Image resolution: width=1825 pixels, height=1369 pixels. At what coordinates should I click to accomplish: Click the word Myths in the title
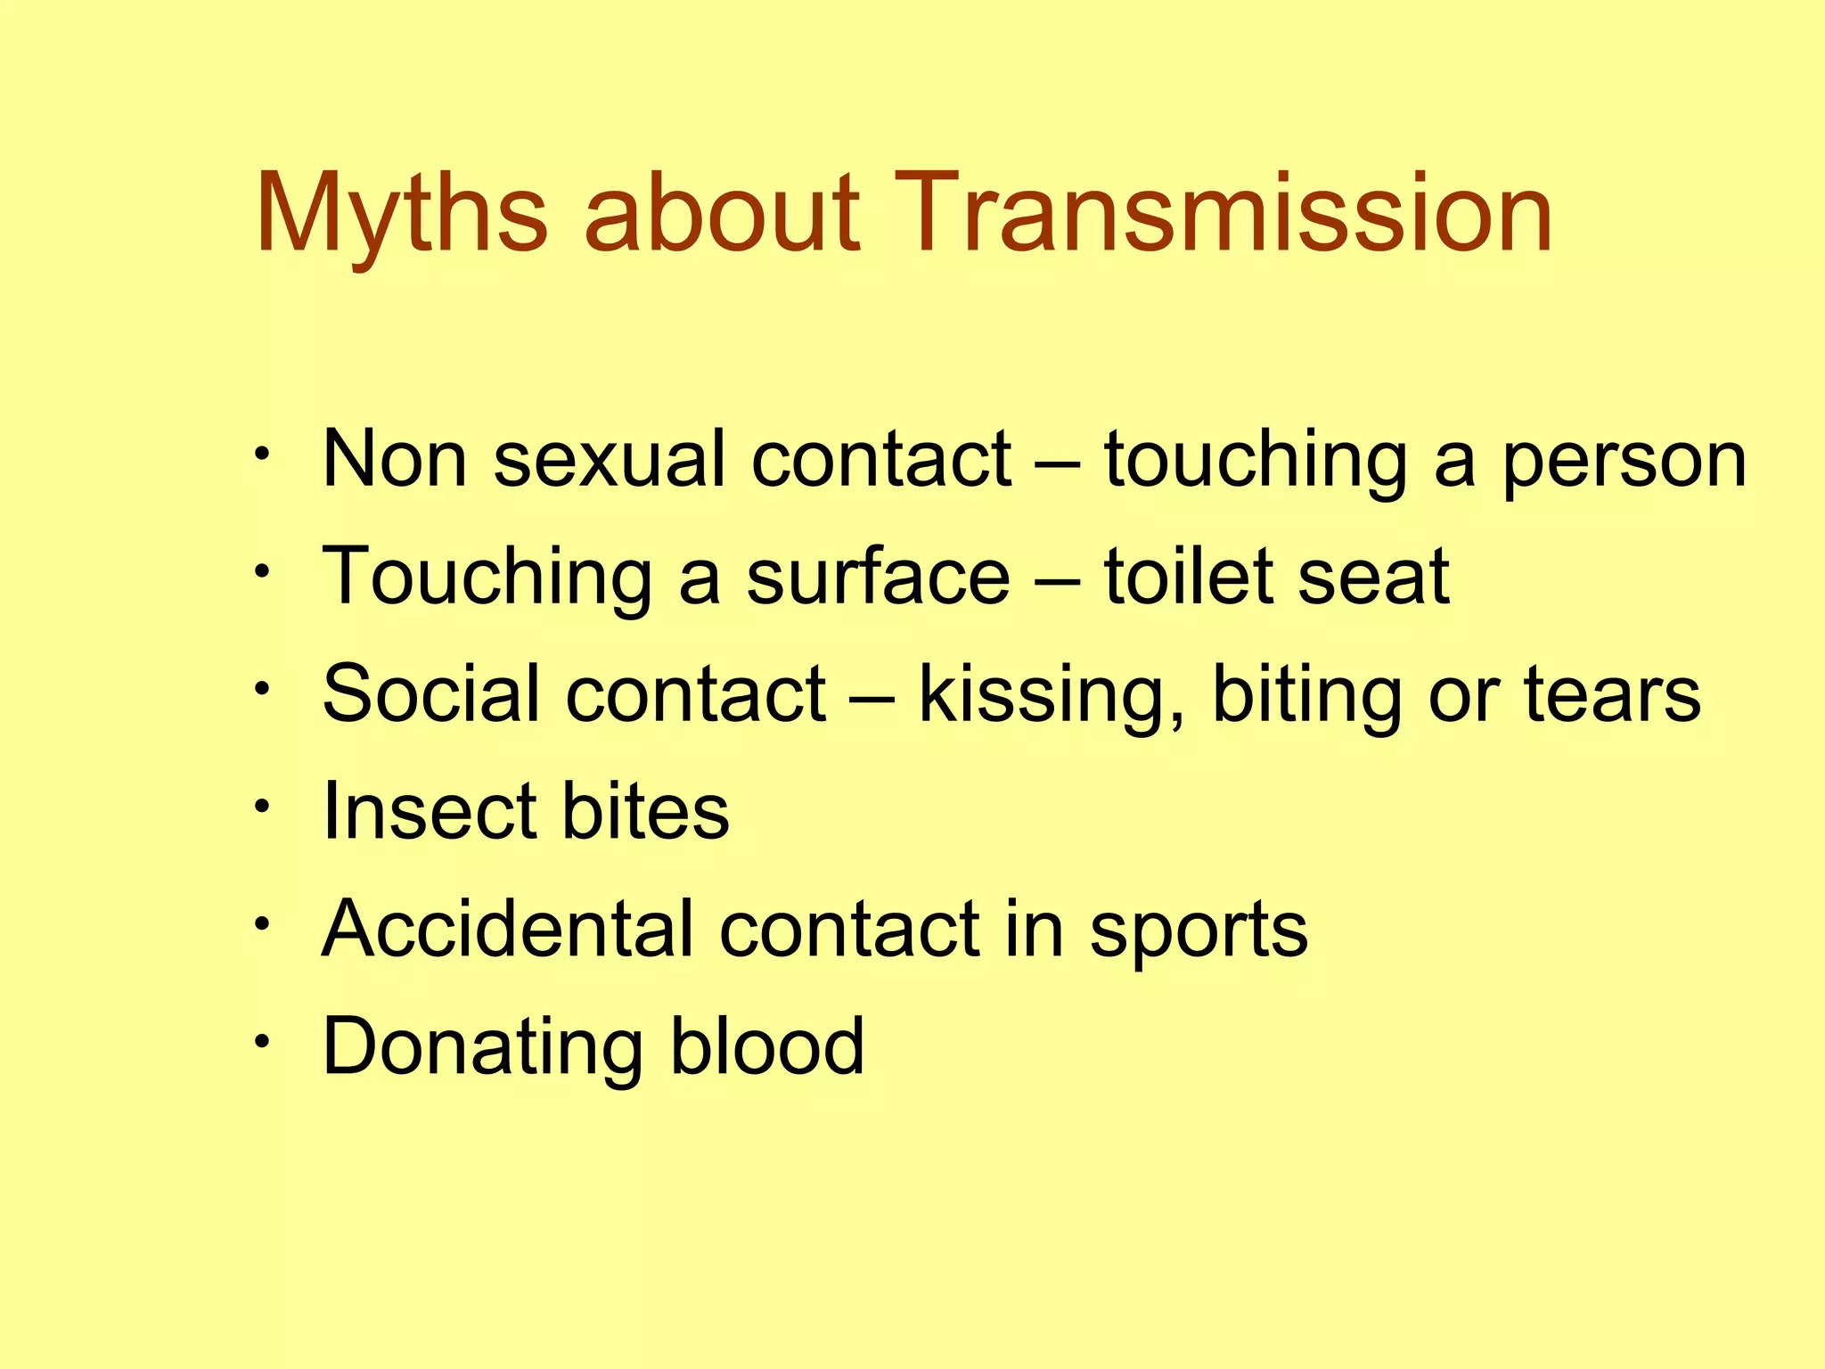(401, 214)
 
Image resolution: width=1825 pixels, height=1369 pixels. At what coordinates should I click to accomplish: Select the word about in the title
(722, 214)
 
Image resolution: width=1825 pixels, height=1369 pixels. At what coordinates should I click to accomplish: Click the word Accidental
(507, 929)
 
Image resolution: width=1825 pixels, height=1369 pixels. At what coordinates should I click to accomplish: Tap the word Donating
(482, 1048)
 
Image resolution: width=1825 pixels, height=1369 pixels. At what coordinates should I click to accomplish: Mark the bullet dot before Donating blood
(261, 1041)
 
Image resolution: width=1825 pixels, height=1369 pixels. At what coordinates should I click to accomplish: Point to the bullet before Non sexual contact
(261, 455)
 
